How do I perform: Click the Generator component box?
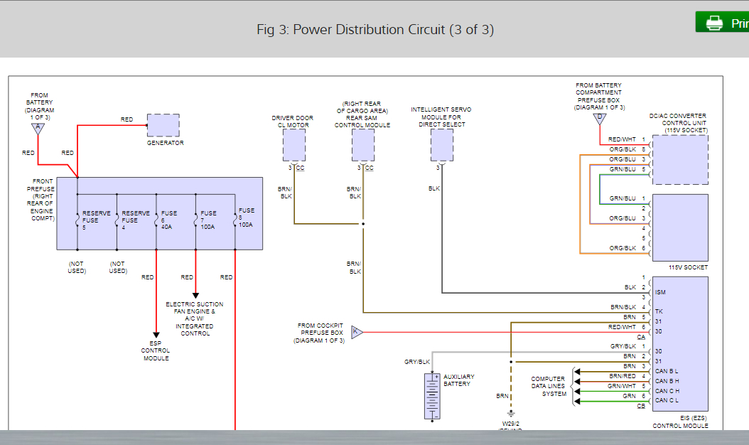[x=163, y=125]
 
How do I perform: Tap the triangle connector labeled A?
[x=38, y=129]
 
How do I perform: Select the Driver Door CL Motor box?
[x=293, y=146]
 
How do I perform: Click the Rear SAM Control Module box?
[x=362, y=146]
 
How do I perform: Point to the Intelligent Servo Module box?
[x=441, y=146]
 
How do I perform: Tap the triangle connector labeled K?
[x=357, y=331]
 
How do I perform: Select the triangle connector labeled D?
[x=599, y=117]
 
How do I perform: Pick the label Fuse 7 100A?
[x=208, y=220]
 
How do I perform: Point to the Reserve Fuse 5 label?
[x=96, y=220]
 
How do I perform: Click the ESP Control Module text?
[x=156, y=350]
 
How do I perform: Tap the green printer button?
[x=722, y=23]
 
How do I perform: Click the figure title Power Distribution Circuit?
[x=374, y=30]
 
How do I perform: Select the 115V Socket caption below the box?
[x=688, y=267]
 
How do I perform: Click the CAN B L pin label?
[x=667, y=371]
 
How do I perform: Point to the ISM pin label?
[x=660, y=292]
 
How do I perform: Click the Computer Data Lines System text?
[x=548, y=386]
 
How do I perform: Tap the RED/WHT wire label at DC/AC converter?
[x=622, y=139]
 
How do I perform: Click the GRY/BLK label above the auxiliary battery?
[x=417, y=362]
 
